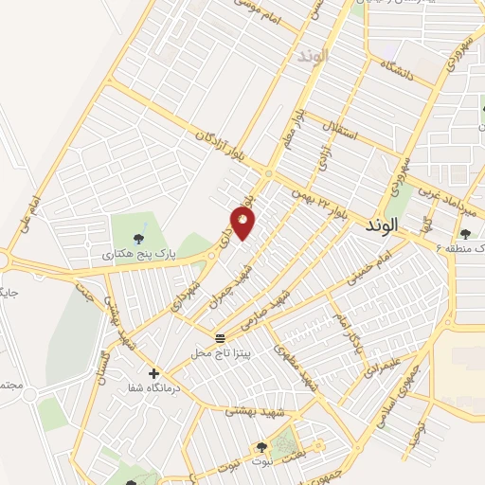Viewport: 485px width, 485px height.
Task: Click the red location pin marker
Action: coord(243,224)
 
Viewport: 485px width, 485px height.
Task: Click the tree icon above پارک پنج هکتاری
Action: coord(139,238)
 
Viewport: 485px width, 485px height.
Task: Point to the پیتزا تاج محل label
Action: coord(220,352)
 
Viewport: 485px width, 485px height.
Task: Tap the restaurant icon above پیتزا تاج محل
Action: coord(220,338)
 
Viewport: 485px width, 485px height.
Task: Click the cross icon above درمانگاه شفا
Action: coord(154,373)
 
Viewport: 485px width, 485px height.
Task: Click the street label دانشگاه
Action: coord(400,70)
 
